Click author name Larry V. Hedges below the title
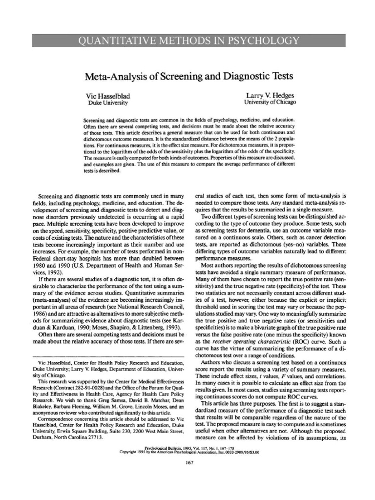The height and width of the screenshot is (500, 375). [x=270, y=96]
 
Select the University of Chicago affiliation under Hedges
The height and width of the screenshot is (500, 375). [x=270, y=103]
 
